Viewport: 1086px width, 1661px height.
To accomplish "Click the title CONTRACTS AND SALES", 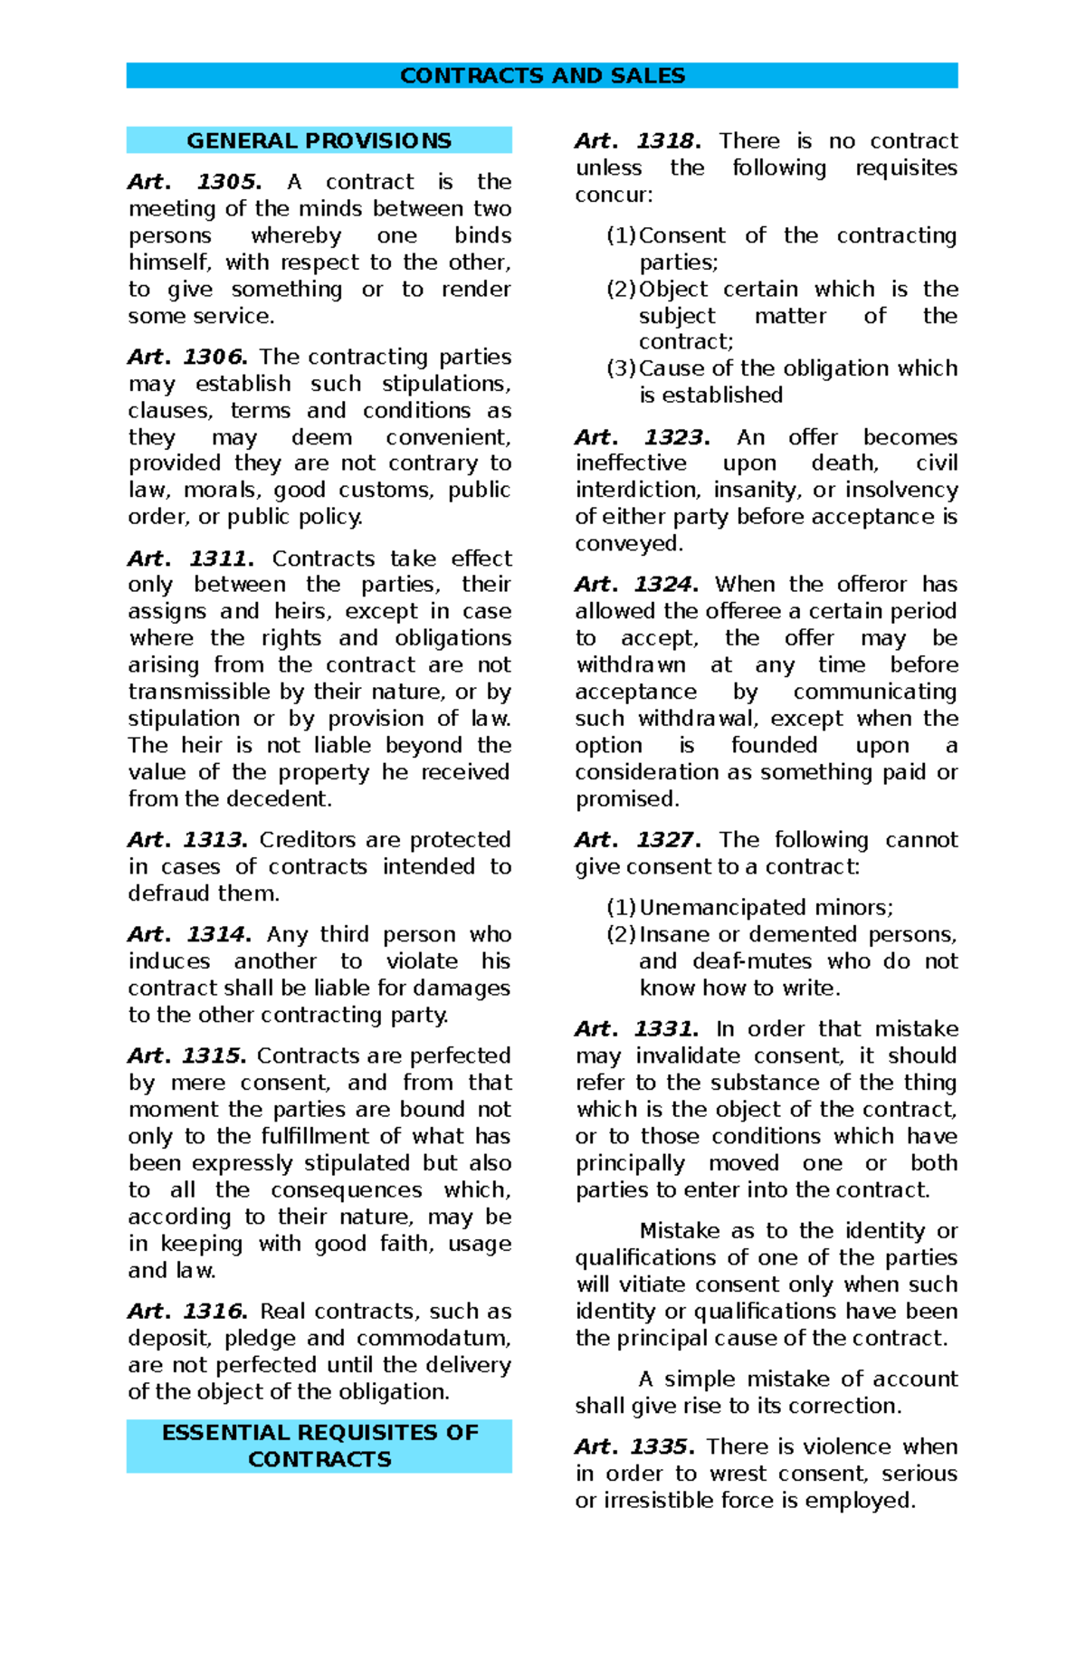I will [x=542, y=75].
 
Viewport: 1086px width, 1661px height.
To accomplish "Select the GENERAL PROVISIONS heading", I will [x=319, y=140].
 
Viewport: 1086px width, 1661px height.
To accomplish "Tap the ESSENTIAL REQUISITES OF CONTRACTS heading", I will [x=319, y=1446].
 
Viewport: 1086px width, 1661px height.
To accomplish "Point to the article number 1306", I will [x=215, y=357].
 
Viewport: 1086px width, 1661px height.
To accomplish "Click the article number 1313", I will [x=215, y=840].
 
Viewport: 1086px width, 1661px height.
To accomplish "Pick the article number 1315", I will [x=214, y=1055].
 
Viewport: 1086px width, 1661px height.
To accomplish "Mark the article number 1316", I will [x=215, y=1311].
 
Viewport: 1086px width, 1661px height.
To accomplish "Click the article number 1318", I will [x=669, y=141].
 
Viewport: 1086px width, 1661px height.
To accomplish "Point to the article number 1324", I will [x=665, y=584].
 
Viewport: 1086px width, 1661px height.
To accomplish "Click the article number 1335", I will [x=662, y=1446].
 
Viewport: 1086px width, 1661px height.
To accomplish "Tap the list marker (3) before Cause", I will [x=622, y=368].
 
